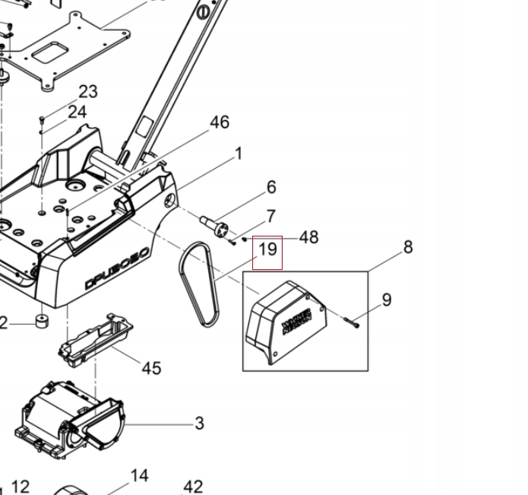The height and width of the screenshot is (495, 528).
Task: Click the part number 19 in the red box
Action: point(267,249)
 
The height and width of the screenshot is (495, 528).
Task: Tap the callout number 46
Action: point(219,122)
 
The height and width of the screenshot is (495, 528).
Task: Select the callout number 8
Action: point(408,247)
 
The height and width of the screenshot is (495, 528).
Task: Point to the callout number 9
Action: point(387,300)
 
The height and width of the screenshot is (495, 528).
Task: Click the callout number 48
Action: point(308,237)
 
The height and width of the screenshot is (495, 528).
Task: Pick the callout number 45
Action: point(151,368)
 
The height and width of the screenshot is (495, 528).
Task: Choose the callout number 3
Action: point(199,423)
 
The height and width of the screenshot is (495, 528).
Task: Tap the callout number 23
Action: point(88,92)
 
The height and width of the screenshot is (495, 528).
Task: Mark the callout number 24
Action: point(77,113)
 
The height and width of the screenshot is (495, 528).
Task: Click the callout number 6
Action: point(271,187)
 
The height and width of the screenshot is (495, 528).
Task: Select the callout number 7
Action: point(270,217)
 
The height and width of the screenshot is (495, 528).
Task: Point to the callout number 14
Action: point(139,476)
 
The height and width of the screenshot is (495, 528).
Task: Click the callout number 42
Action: point(193,486)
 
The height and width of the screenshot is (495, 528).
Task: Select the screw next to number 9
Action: point(352,324)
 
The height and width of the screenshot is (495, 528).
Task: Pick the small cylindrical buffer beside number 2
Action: point(41,321)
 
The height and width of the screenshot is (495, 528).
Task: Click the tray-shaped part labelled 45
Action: point(96,338)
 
